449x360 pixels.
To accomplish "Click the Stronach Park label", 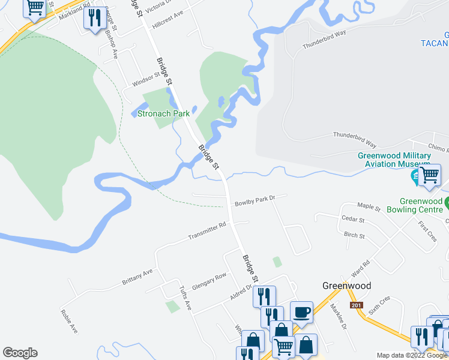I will click(x=163, y=113).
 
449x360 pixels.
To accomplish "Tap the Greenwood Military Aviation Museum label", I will click(x=394, y=160).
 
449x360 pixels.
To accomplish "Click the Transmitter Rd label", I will click(x=206, y=230).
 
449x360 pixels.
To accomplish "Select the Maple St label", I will click(x=369, y=207).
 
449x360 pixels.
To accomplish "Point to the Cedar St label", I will click(x=353, y=220).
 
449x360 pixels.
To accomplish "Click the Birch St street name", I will click(x=354, y=236).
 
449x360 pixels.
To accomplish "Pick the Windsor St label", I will click(x=146, y=79).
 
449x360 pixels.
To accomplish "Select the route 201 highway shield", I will click(x=357, y=305).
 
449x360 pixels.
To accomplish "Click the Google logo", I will click(x=20, y=353).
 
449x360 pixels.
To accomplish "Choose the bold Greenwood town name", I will click(x=346, y=286).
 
